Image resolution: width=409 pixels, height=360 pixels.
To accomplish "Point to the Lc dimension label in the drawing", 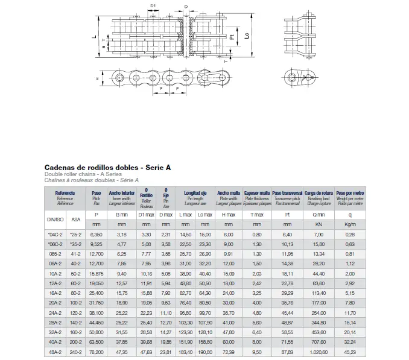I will pos(247,36).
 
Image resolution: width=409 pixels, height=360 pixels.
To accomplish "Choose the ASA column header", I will pos(75,219).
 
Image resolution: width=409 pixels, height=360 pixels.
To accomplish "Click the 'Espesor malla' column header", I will pos(256,193).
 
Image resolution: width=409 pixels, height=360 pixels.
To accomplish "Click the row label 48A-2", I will pos(56,352).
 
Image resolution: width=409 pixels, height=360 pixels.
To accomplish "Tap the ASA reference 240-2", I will pos(75,352).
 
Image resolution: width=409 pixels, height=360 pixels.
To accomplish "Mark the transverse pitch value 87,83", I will pos(287,352).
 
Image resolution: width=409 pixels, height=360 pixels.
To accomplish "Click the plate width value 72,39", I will pos(228,352).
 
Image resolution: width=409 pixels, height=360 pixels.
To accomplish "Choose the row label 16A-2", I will pos(56,292).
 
